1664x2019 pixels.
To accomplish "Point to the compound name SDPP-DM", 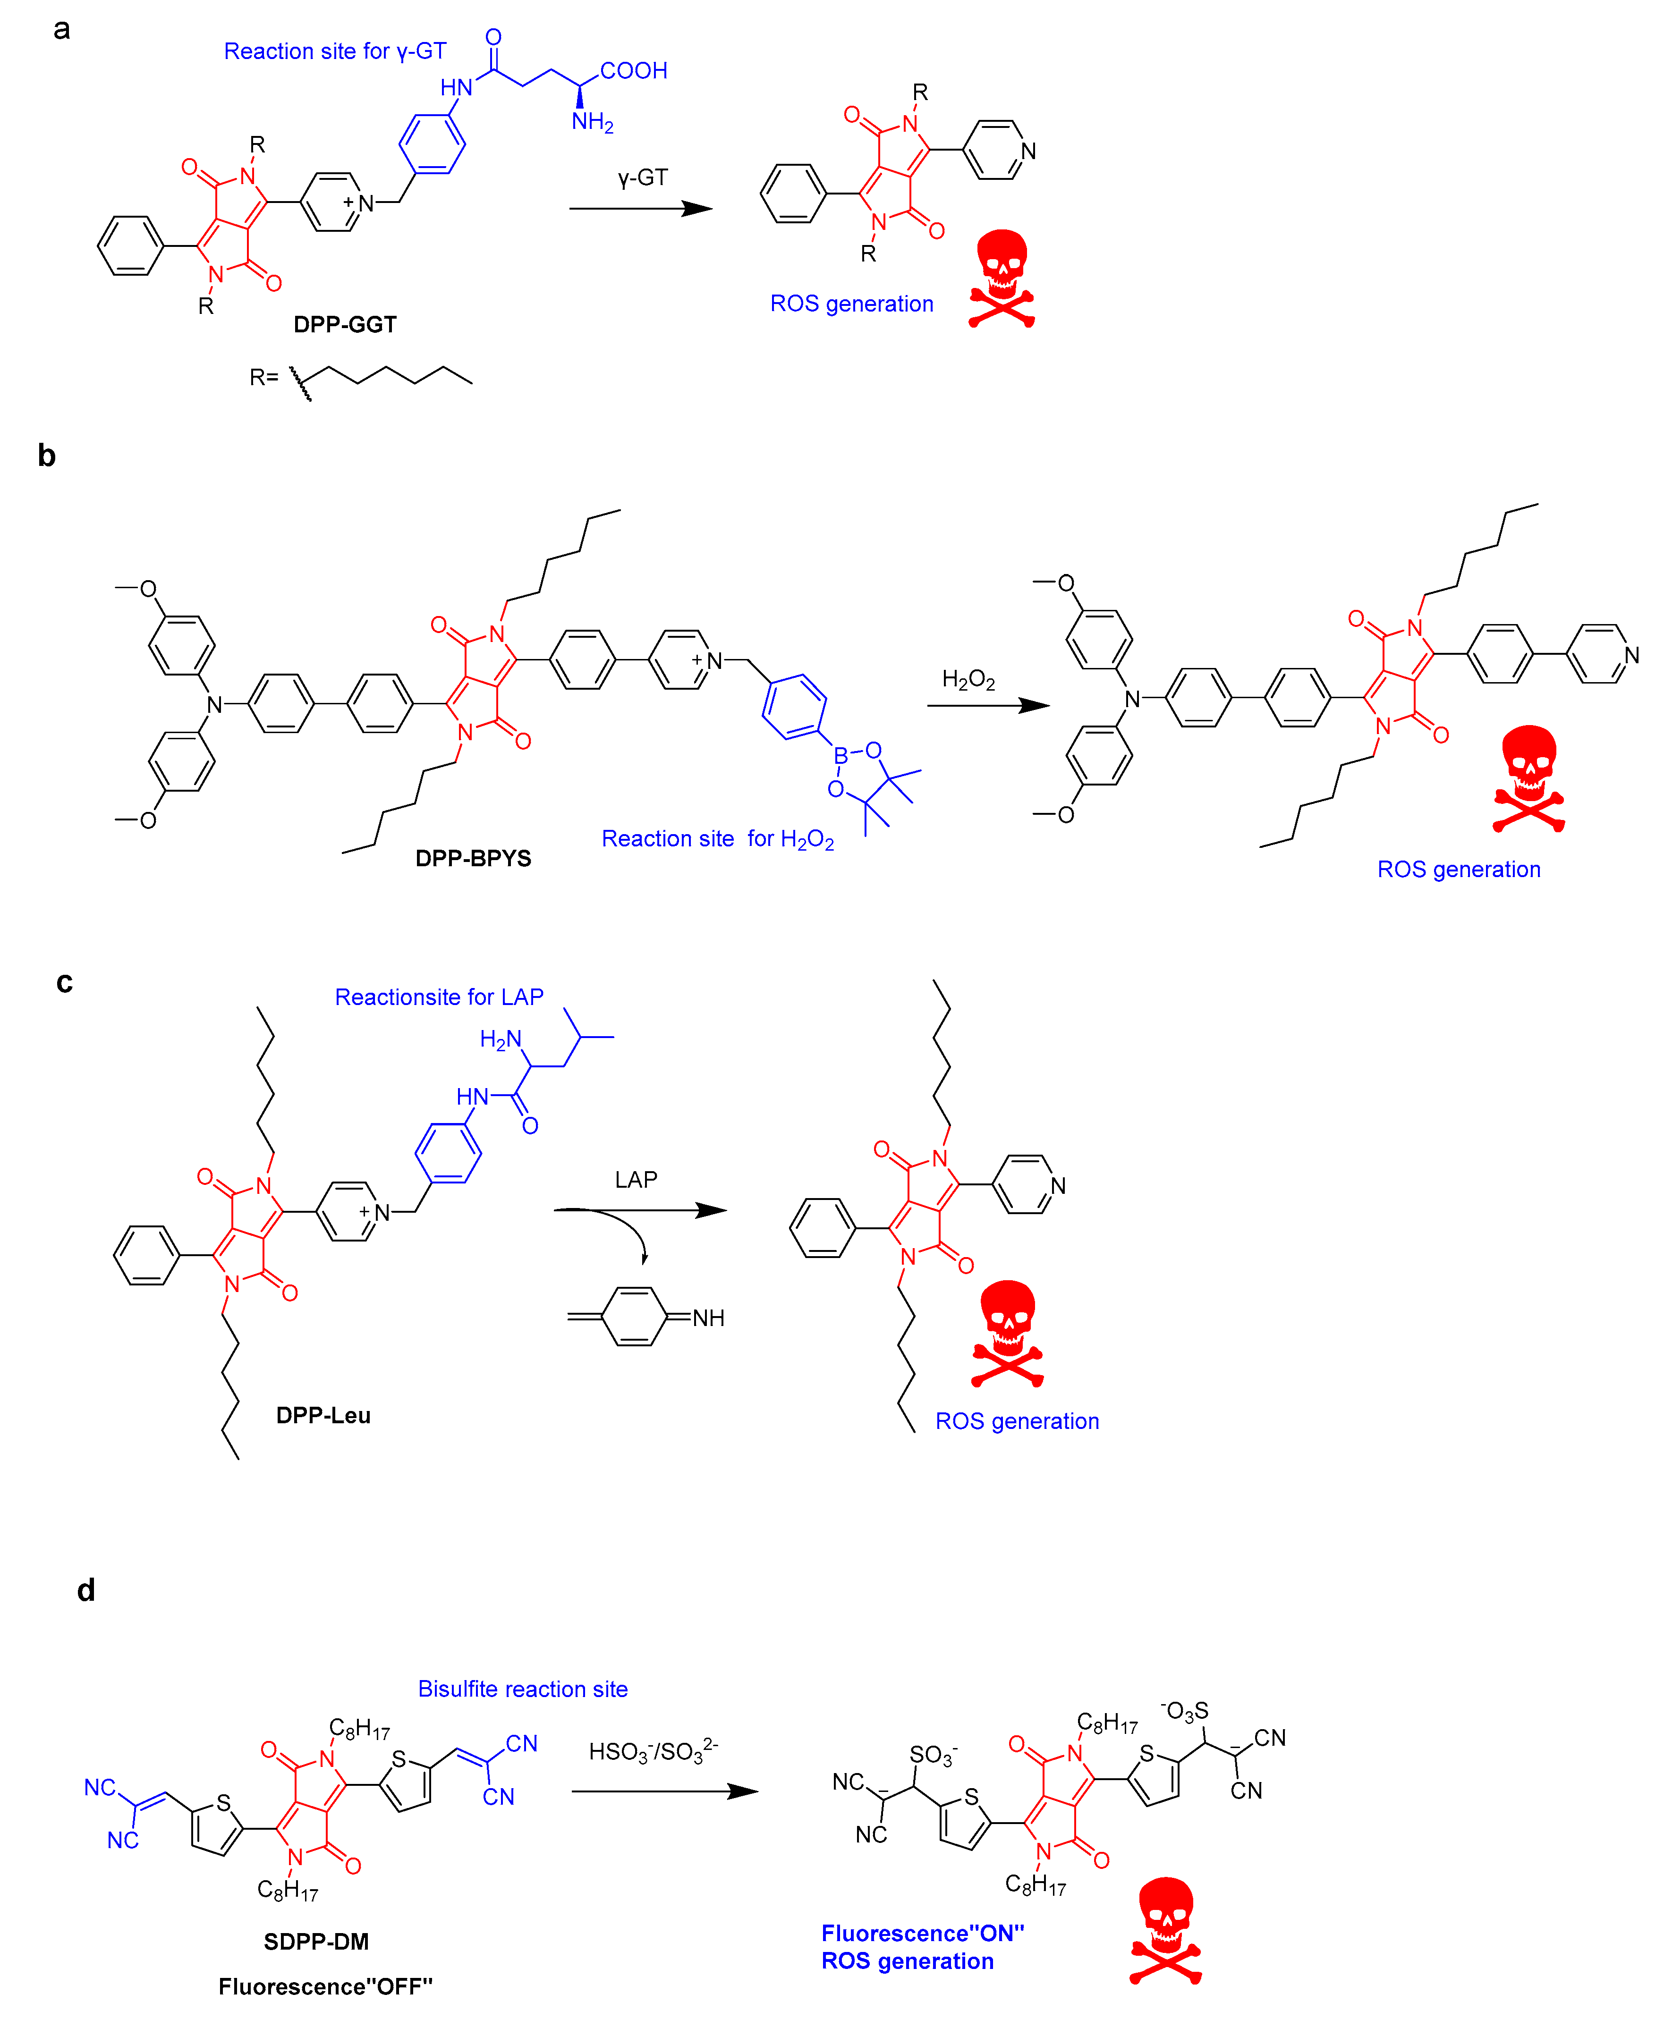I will (x=316, y=1942).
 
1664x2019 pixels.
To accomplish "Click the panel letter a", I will (x=61, y=30).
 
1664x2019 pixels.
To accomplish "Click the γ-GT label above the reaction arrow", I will (x=642, y=178).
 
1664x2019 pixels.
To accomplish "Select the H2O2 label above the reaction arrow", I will (x=968, y=680).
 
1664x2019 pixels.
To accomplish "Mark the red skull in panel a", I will (x=1002, y=278).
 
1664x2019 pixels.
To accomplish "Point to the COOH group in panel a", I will (x=634, y=71).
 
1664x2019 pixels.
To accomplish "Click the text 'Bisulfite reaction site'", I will (x=522, y=1690).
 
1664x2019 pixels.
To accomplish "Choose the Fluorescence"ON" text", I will (x=922, y=1934).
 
